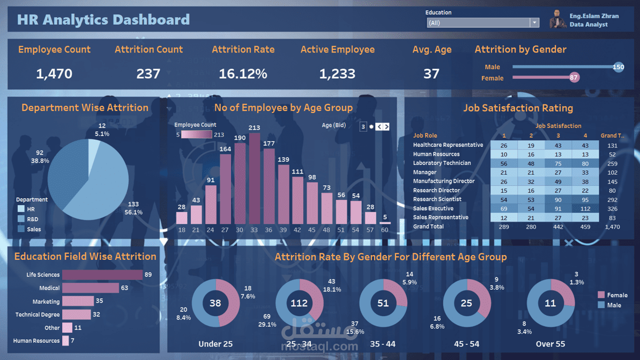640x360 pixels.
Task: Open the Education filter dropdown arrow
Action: point(534,22)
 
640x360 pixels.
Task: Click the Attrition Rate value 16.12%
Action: point(243,74)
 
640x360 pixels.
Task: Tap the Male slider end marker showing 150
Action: point(618,67)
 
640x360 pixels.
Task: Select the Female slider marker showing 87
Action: point(574,78)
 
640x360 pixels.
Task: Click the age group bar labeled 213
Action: point(254,178)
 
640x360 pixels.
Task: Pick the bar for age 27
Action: point(225,189)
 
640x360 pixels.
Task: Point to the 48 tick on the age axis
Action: point(326,230)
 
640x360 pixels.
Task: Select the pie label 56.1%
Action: point(133,212)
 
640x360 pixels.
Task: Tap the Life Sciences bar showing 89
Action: point(102,275)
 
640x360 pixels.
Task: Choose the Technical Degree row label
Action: point(38,314)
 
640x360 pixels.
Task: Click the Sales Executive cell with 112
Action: point(585,208)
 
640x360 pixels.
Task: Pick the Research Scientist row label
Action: point(437,199)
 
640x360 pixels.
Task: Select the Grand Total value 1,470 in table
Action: point(612,227)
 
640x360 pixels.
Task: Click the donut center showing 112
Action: point(299,303)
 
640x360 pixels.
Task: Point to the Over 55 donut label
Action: point(550,344)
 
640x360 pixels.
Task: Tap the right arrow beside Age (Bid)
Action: point(386,126)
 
